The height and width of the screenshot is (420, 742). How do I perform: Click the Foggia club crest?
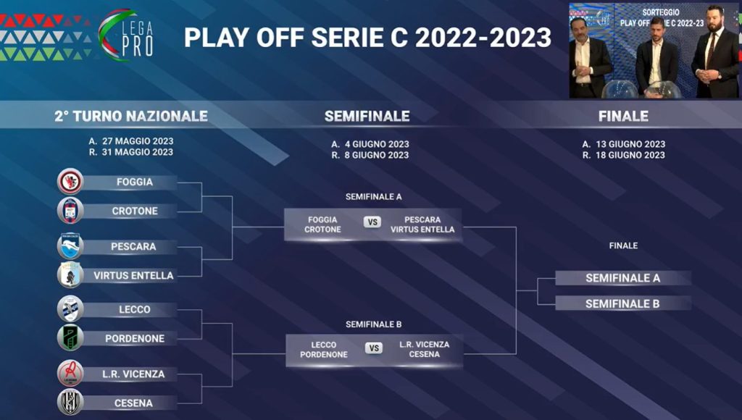pos(70,182)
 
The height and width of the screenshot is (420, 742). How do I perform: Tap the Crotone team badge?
pos(70,211)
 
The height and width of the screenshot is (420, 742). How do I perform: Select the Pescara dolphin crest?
pos(70,246)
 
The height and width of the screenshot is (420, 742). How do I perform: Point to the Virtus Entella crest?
pos(70,274)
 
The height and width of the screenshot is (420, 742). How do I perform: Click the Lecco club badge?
pos(70,309)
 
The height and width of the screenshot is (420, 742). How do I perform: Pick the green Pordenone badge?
pos(70,337)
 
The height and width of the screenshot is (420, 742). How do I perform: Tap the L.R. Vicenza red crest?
pos(70,374)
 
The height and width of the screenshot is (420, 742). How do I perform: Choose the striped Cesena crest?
pos(70,403)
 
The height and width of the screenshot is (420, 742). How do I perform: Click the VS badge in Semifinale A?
pos(372,222)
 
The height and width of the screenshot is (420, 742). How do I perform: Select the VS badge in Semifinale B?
pos(374,348)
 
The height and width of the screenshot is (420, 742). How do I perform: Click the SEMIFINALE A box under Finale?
pos(622,278)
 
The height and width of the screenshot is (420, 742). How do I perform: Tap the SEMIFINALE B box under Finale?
pos(622,303)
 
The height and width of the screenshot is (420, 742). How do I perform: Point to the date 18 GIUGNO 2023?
pos(630,155)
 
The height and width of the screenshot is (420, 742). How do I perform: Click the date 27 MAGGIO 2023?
pos(138,141)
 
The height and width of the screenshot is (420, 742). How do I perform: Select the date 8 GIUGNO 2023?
pos(377,155)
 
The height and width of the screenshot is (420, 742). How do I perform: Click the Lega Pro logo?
pos(126,35)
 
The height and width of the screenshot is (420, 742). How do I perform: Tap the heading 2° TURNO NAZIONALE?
pos(131,117)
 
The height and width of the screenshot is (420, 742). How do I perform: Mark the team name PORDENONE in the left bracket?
pos(135,339)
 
